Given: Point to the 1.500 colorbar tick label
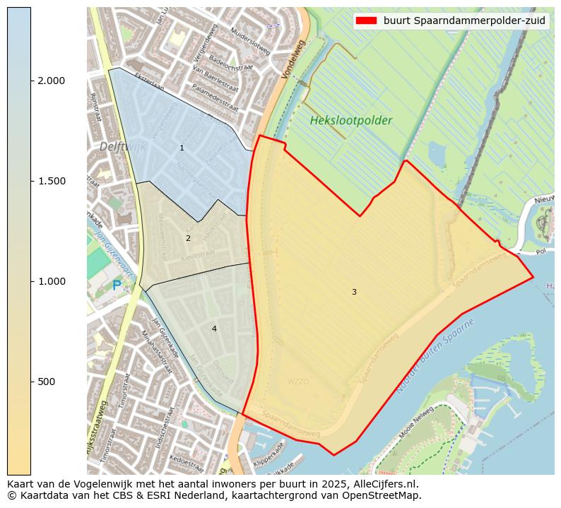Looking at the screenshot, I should point(50,181).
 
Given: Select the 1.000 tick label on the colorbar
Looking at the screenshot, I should point(50,281).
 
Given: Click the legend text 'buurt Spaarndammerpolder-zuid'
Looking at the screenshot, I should point(464,20).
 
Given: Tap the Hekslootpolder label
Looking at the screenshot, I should point(350,121).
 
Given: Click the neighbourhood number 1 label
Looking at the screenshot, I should point(182,148).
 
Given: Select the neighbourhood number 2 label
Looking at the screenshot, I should point(188,238).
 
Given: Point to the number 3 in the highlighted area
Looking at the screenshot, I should point(354,292).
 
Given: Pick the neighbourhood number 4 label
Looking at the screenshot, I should point(214,329).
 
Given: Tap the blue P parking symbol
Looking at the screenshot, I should point(117,286).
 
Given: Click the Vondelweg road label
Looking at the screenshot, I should point(292,59).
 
